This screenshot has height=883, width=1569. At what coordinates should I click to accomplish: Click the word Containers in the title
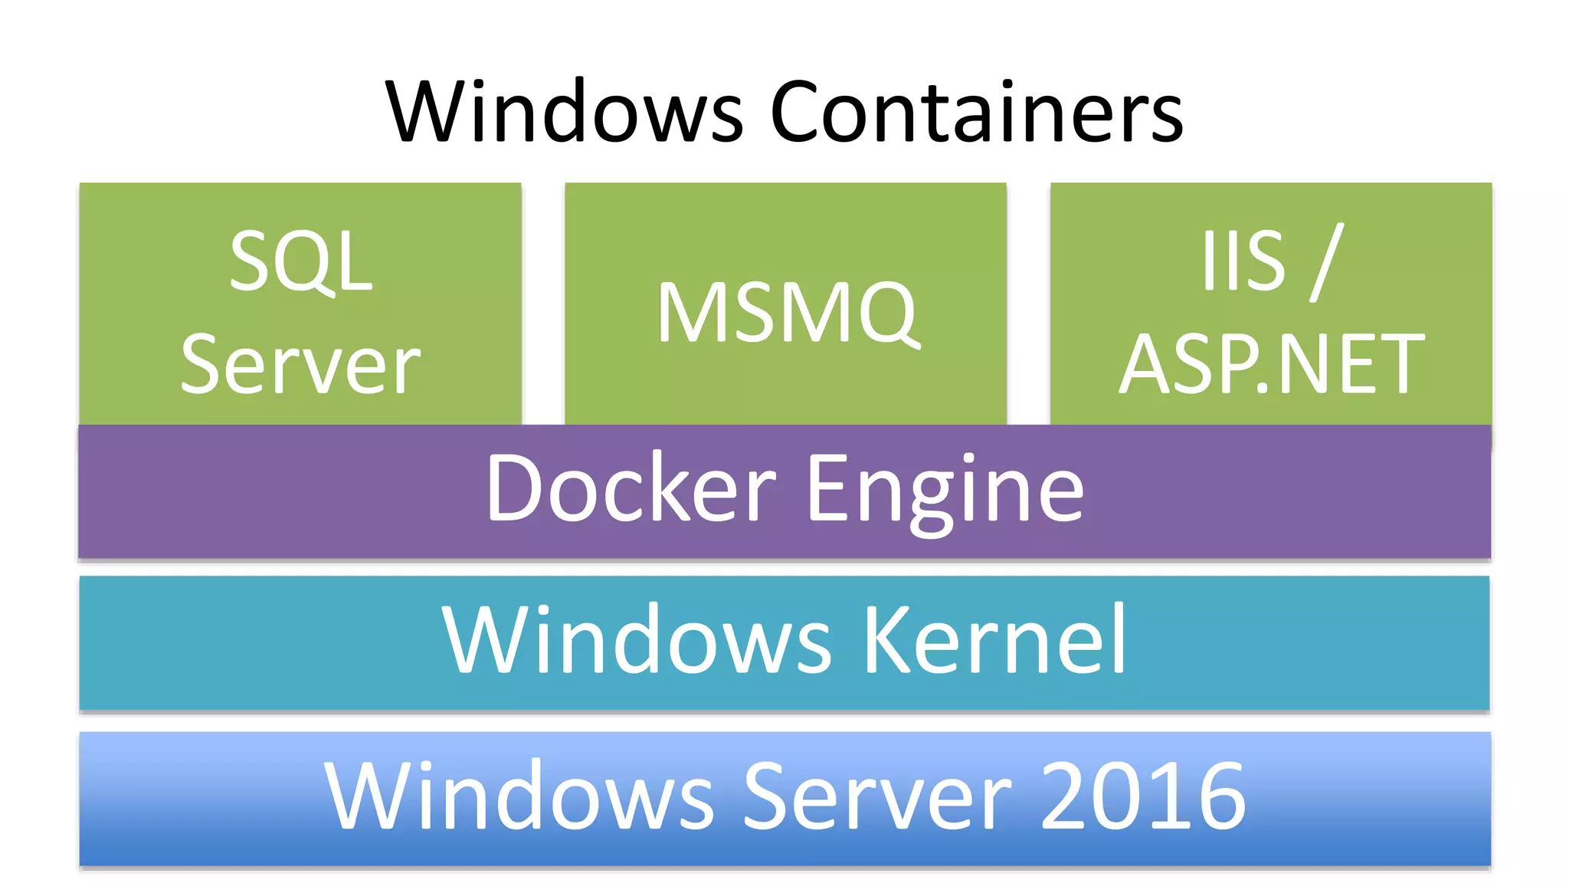976,112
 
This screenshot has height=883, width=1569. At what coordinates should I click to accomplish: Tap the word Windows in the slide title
565,112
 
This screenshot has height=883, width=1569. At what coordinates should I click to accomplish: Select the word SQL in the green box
301,262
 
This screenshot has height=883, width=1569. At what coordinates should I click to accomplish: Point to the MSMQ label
787,313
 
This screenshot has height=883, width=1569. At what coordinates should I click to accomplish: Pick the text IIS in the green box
1243,261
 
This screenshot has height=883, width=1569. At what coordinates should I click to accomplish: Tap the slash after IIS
1327,262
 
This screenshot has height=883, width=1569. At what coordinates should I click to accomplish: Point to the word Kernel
995,639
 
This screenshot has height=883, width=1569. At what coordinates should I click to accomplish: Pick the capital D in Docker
515,488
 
